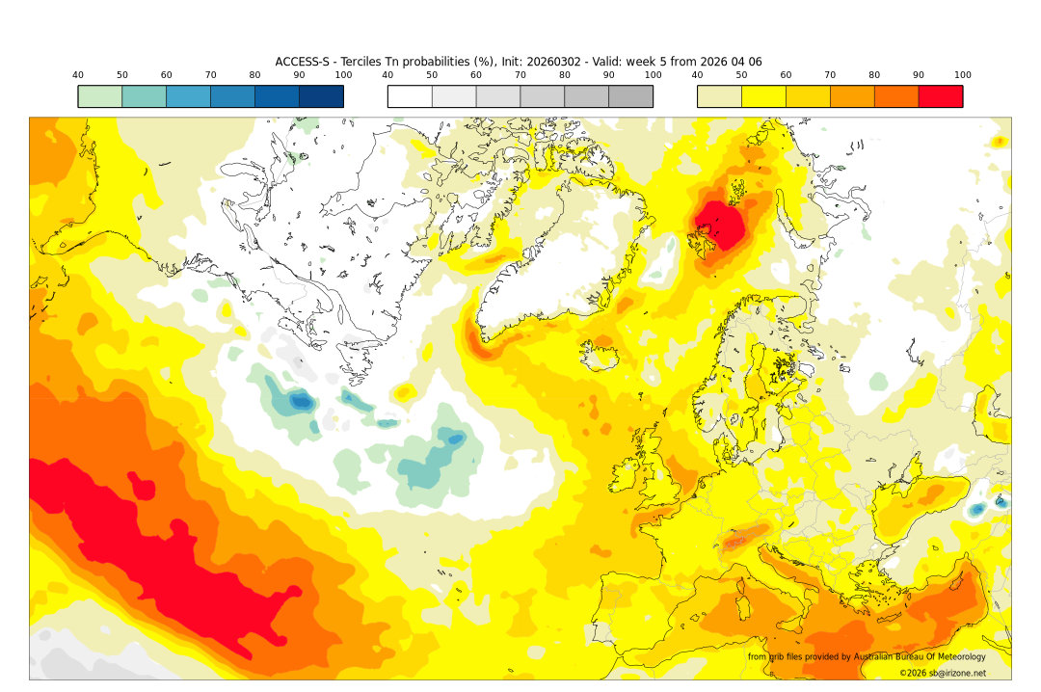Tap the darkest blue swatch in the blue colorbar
coord(321,96)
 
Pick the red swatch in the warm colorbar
coord(940,96)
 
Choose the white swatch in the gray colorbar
coord(410,96)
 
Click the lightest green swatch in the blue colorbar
coord(100,96)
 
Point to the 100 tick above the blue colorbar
coord(343,75)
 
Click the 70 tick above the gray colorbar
coord(520,75)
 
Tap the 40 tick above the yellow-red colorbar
coord(697,75)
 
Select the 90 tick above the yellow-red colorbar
coord(919,75)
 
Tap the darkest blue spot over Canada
coord(302,401)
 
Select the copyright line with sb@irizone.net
coord(943,673)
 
